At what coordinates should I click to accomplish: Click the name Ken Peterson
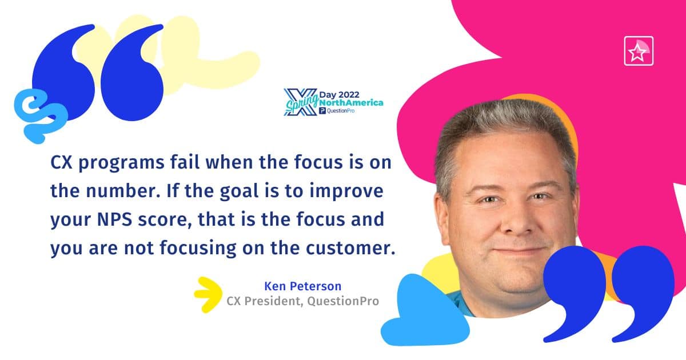pos(302,286)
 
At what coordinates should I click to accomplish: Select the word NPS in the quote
pos(114,219)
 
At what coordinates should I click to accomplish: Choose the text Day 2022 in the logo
pos(340,95)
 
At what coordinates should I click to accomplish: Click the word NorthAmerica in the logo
pos(351,103)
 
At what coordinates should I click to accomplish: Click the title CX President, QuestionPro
pos(302,301)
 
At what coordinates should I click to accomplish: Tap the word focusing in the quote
pos(198,249)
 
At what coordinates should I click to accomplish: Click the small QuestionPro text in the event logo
pos(341,111)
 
